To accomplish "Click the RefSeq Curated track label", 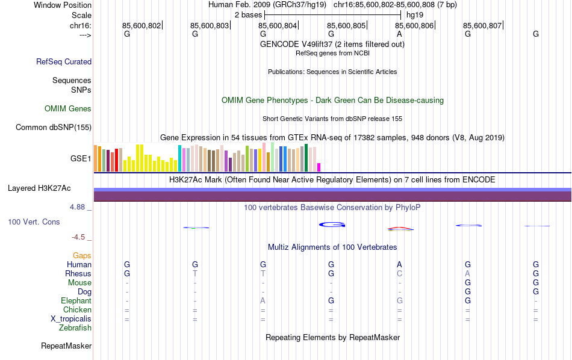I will [x=64, y=61].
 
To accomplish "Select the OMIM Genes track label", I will [x=68, y=109].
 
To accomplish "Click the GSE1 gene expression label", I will [x=81, y=159].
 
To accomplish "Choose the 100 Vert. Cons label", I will [x=34, y=222].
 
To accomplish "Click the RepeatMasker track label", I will [x=66, y=346].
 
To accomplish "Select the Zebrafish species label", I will [x=75, y=328].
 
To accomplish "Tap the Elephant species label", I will [x=76, y=301].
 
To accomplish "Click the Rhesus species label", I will [x=78, y=274].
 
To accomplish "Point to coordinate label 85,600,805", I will [x=346, y=26].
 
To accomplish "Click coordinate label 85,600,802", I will [x=141, y=26].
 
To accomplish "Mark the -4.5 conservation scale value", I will [x=81, y=237].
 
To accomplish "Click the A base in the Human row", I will [x=399, y=264].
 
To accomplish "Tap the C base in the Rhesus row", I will [x=399, y=274].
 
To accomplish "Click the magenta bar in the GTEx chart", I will [x=319, y=167].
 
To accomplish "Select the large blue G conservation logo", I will [x=332, y=225].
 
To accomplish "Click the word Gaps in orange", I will [x=82, y=256].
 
